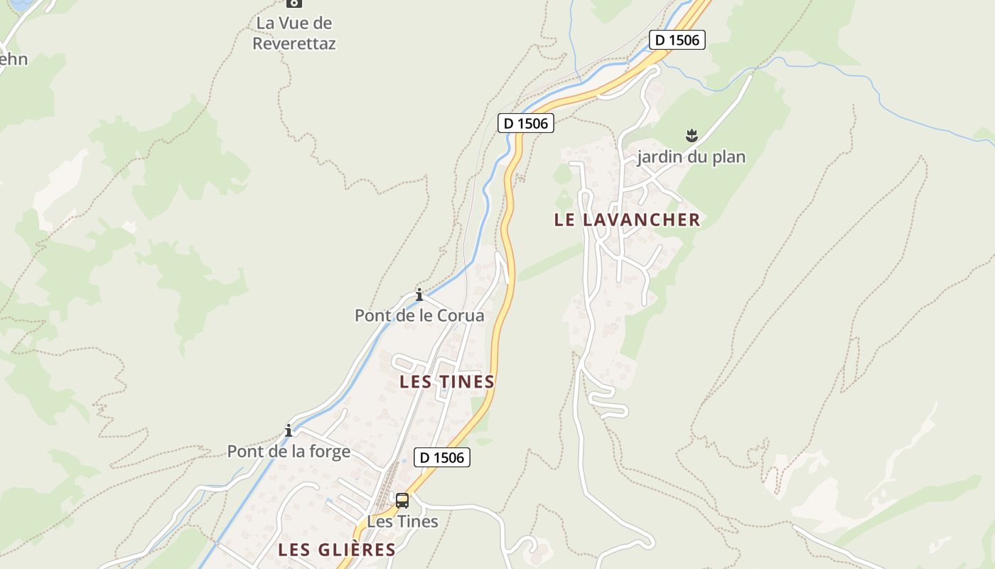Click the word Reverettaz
click(294, 43)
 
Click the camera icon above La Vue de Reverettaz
click(294, 3)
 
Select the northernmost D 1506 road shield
click(677, 40)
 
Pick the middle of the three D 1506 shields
click(525, 123)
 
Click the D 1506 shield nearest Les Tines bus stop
click(442, 457)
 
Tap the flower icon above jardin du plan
click(692, 136)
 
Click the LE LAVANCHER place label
click(627, 220)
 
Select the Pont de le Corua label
click(419, 315)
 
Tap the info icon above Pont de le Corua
click(419, 294)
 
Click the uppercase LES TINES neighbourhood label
click(446, 382)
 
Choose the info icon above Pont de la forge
click(289, 431)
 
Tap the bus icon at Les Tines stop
click(402, 501)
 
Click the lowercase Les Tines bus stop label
click(402, 521)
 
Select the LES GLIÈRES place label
click(336, 549)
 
